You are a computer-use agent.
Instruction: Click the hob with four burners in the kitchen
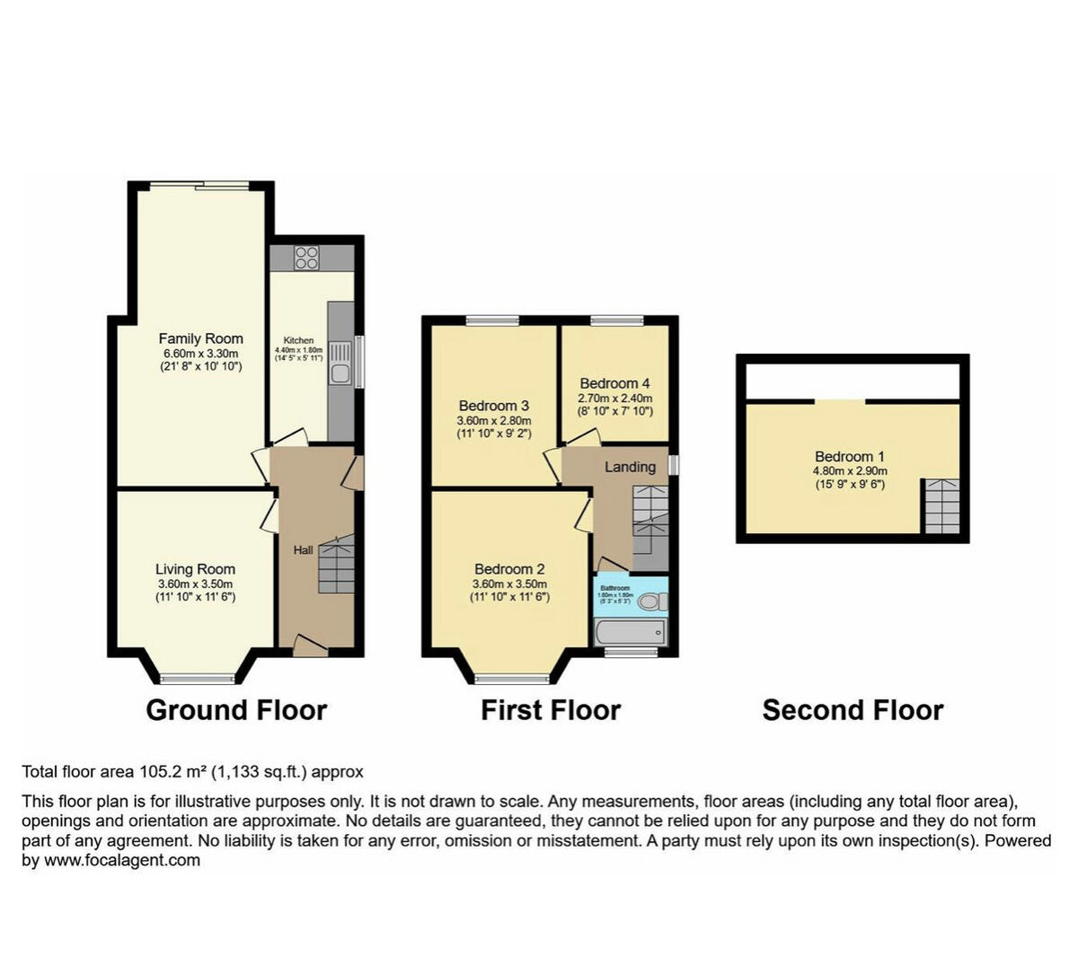(307, 258)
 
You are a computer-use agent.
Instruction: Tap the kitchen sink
(340, 373)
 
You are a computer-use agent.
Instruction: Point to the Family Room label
(200, 338)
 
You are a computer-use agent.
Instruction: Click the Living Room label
(195, 569)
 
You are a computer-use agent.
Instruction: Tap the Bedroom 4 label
(615, 383)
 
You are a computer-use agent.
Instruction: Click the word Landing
(630, 467)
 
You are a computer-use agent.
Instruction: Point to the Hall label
(304, 549)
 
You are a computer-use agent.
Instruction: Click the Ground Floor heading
(236, 710)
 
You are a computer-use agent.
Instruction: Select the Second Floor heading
(853, 710)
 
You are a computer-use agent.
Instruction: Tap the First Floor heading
(551, 710)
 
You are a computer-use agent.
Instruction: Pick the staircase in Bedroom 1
(941, 506)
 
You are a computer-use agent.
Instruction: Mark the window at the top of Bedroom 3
(492, 320)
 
